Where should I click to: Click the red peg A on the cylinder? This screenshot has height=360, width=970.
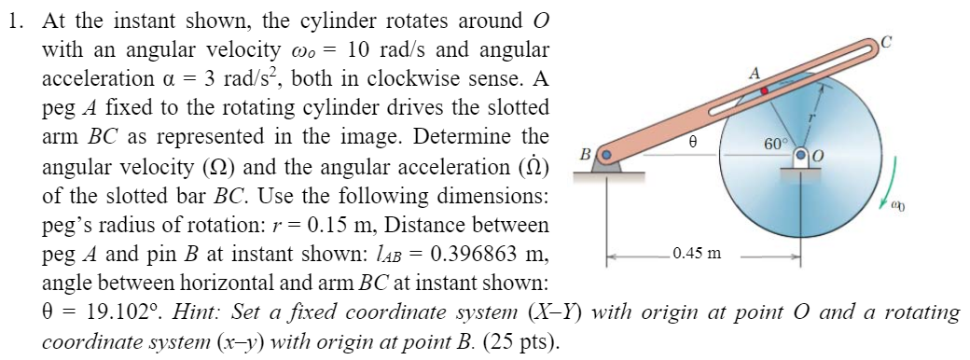[x=764, y=91]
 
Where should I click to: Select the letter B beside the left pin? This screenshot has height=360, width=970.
[x=585, y=154]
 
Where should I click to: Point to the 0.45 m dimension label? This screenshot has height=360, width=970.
[x=694, y=253]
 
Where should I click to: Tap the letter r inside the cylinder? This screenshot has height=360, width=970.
[x=812, y=118]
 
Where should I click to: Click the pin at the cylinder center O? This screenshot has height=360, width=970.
[x=799, y=156]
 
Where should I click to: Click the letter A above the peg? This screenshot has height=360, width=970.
[x=755, y=74]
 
